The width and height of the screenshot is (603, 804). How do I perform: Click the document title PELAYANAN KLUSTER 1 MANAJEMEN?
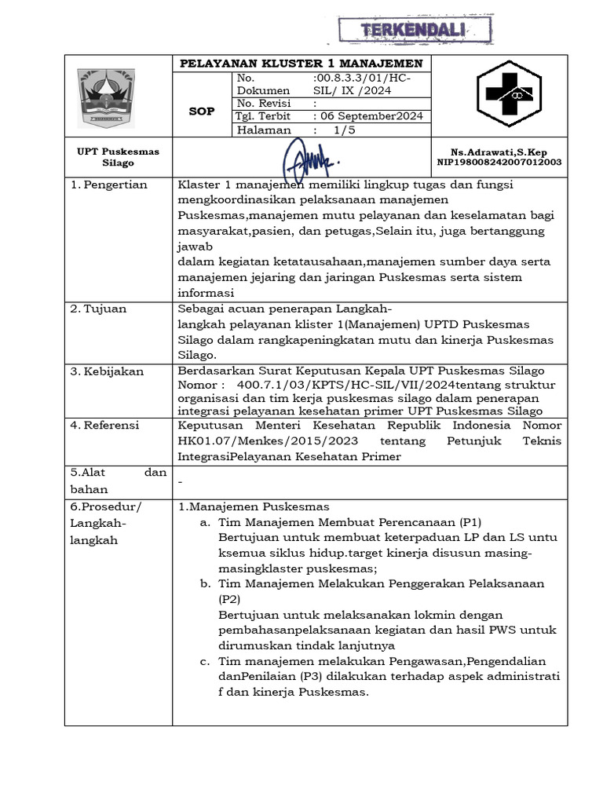click(x=301, y=63)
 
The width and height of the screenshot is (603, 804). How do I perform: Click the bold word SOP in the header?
click(x=202, y=111)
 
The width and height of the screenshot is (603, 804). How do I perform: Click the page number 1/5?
click(x=344, y=130)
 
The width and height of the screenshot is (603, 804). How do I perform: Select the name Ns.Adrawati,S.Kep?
click(x=499, y=152)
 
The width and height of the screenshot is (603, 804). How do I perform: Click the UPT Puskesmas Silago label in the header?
click(x=118, y=157)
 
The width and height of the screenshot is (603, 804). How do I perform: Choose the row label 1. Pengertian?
click(x=109, y=185)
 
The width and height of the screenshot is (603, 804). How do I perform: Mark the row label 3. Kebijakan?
click(x=107, y=371)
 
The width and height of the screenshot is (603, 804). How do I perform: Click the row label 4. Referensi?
click(x=104, y=425)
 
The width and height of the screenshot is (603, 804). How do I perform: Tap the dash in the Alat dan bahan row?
click(x=181, y=481)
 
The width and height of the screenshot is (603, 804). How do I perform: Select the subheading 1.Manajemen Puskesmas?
click(x=254, y=506)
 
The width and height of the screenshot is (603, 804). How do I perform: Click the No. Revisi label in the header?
click(x=264, y=103)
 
